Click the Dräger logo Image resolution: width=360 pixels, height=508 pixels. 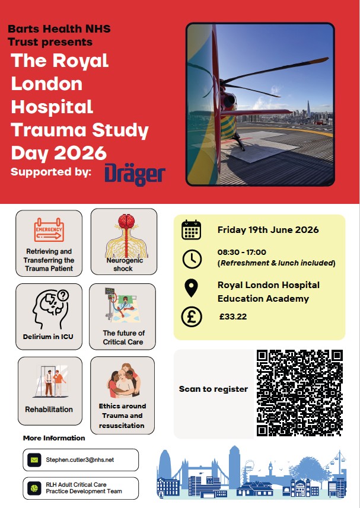tap(135, 174)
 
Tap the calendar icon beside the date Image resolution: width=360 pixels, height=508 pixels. tap(192, 229)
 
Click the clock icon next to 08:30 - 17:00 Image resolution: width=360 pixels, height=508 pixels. tap(192, 258)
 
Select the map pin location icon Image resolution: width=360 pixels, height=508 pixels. tap(192, 288)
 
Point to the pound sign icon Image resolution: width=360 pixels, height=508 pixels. tap(192, 317)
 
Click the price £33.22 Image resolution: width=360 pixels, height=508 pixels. tap(233, 317)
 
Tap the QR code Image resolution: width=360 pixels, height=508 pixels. tap(300, 393)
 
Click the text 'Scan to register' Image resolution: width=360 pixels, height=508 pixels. tap(205, 389)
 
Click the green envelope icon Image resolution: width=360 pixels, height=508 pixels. tap(34, 459)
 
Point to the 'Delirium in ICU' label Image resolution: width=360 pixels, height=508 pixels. tap(49, 337)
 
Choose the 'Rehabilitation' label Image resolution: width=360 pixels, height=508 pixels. tap(49, 409)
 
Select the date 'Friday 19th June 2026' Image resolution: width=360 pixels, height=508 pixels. tap(268, 230)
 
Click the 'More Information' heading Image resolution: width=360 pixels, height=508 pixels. tap(54, 438)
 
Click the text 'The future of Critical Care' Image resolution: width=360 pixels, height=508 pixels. tap(123, 337)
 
